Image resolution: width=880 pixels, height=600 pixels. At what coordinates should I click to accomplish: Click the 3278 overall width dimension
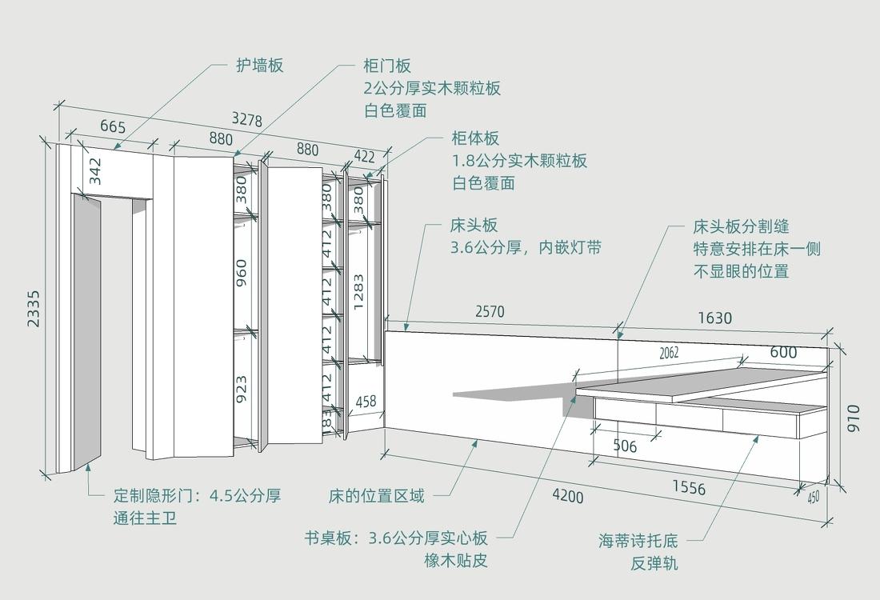(x=247, y=119)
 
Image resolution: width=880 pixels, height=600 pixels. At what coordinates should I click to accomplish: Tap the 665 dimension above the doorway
(x=113, y=127)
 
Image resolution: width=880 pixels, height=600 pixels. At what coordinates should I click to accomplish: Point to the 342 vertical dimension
(x=95, y=171)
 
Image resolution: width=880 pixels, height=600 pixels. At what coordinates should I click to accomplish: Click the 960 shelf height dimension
(x=241, y=272)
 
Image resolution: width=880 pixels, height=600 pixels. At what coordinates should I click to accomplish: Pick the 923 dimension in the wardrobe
(x=241, y=389)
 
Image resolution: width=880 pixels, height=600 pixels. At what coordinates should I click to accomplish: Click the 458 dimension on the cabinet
(x=366, y=402)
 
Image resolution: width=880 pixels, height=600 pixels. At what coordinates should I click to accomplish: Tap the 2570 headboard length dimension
(x=490, y=311)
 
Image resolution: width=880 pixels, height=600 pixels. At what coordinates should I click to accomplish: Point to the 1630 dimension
(x=714, y=318)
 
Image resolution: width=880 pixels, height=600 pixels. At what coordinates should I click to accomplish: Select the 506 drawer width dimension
(x=625, y=446)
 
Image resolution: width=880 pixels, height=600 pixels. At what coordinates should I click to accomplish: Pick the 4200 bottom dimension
(x=567, y=496)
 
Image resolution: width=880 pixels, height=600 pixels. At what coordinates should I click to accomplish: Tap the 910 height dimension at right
(x=854, y=418)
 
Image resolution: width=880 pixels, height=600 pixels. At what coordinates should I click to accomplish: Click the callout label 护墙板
(x=259, y=66)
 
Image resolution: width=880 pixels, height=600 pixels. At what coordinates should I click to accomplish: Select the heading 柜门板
(x=387, y=66)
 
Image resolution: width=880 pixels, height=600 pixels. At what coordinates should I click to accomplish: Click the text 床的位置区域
(x=376, y=496)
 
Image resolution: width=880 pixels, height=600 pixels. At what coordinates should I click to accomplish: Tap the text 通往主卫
(x=145, y=518)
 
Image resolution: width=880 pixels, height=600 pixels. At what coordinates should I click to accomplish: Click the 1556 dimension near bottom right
(x=689, y=487)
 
